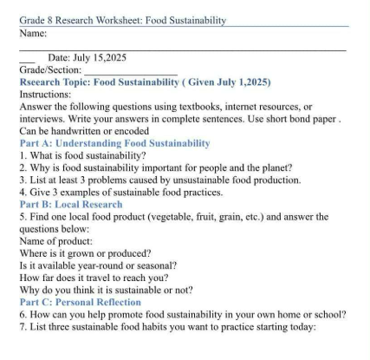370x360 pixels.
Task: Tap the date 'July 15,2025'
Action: (x=93, y=57)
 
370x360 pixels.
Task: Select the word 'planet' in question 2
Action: (x=274, y=167)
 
